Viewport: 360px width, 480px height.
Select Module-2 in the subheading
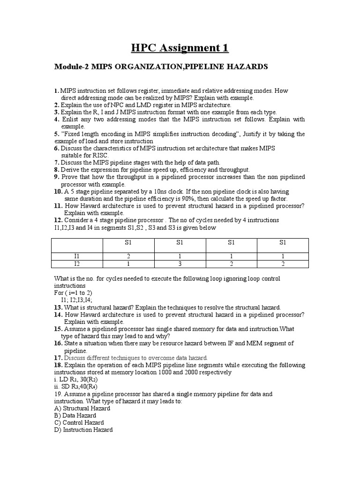(72, 67)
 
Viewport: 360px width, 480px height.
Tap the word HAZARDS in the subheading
(249, 67)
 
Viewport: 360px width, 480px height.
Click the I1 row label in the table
(77, 256)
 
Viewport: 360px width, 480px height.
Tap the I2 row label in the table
(77, 264)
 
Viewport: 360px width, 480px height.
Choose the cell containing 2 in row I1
(128, 256)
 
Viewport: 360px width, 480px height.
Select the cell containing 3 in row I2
(180, 264)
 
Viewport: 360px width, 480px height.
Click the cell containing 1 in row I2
(128, 264)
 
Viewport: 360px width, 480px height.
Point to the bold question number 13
(58, 307)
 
